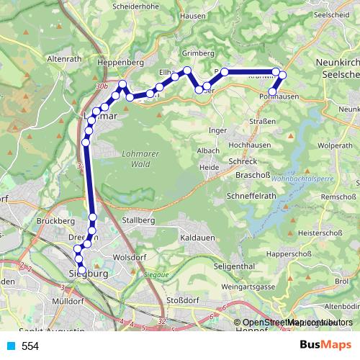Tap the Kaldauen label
coord(199,237)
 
